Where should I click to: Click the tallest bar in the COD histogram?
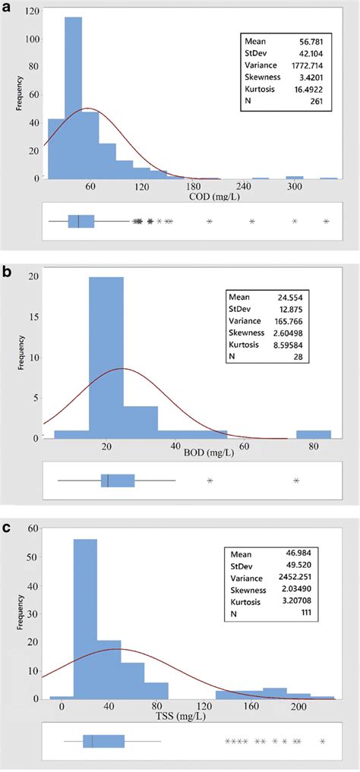point(74,99)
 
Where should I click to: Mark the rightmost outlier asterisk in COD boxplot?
point(327,222)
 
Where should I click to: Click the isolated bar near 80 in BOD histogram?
point(314,434)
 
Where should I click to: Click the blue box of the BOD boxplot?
point(118,481)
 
